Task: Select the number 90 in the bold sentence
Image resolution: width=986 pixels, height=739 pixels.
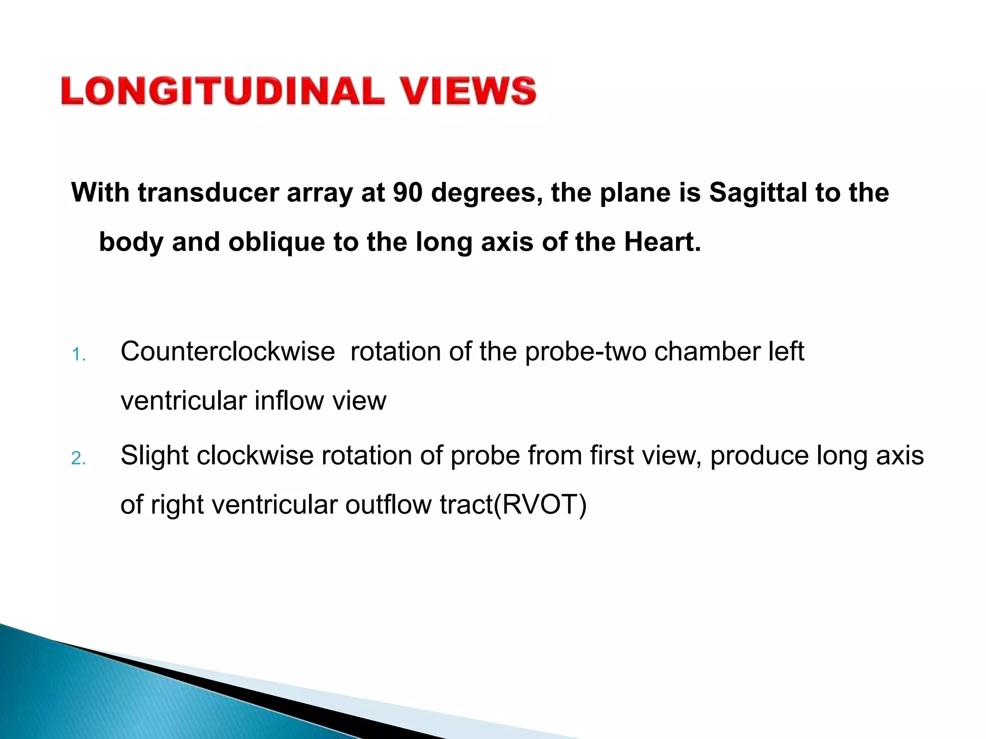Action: (x=407, y=192)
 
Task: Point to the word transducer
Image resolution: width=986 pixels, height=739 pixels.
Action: (x=208, y=192)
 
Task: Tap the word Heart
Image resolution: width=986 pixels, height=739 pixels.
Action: (x=662, y=242)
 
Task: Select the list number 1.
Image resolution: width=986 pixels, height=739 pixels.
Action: (x=78, y=355)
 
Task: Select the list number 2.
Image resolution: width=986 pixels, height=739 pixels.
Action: (x=78, y=459)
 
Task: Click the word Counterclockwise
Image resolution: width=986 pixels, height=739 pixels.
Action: (x=227, y=351)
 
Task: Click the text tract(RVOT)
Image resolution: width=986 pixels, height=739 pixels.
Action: (x=513, y=505)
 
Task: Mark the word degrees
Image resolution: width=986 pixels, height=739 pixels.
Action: (x=487, y=193)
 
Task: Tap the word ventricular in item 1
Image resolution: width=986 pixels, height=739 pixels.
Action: (x=183, y=400)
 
